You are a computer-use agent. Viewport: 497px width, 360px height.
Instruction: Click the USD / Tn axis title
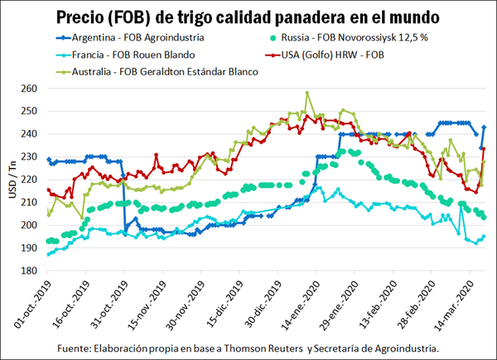coord(12,179)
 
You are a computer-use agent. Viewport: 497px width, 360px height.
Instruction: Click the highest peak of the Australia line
coord(307,94)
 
